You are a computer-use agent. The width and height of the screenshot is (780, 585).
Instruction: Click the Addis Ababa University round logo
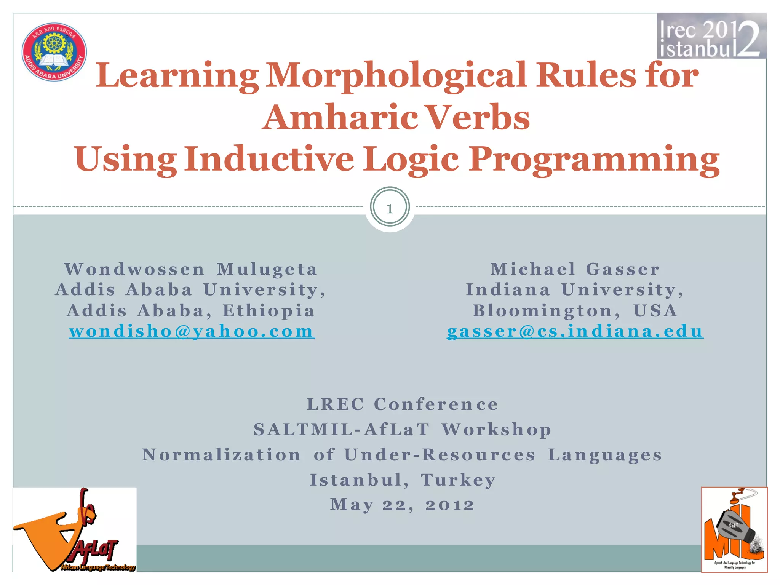tap(54, 52)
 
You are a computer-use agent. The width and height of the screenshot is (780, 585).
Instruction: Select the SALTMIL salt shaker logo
tap(734, 529)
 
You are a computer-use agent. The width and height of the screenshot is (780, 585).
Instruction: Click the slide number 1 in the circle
tap(390, 208)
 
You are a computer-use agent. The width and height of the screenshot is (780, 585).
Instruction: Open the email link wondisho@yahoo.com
tap(192, 331)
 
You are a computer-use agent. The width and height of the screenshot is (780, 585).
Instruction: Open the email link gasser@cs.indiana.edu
tap(575, 331)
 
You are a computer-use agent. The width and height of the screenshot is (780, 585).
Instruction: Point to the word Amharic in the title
tap(339, 117)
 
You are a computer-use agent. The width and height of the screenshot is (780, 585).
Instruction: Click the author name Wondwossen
tap(134, 269)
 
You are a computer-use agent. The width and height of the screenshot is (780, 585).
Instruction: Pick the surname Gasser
tap(623, 269)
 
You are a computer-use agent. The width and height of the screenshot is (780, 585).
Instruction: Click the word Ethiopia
tap(269, 310)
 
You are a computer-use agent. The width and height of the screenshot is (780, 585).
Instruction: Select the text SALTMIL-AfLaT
tap(342, 429)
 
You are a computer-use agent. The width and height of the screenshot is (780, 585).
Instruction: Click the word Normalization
tap(221, 455)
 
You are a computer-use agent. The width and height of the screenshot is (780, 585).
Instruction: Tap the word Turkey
tap(458, 480)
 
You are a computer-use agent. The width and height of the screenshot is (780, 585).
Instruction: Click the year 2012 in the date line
tap(450, 505)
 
